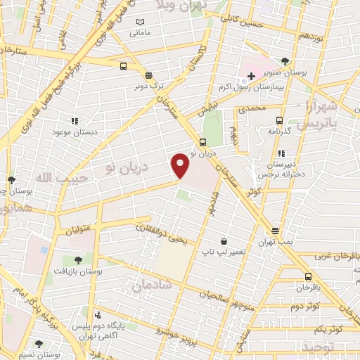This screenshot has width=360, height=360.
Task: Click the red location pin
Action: tap(181, 166)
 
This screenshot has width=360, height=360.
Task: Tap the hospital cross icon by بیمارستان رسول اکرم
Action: tap(251, 75)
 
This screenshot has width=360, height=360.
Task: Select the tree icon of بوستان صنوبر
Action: tap(284, 61)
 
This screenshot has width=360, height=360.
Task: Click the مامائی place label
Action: tap(139, 32)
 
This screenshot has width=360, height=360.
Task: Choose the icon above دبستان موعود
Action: tap(75, 121)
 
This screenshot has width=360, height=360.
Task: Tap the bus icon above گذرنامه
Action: tap(280, 120)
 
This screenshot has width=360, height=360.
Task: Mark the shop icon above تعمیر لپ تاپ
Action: tap(223, 241)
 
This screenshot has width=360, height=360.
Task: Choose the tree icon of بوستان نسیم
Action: tap(37, 345)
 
